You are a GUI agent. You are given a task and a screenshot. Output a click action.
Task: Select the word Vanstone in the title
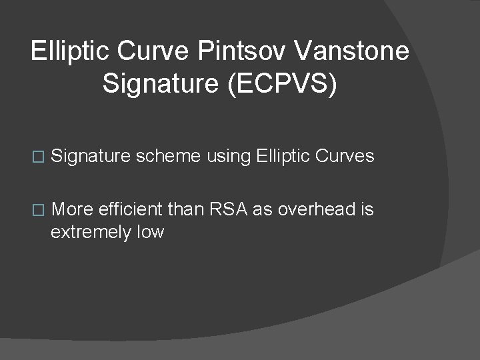click(347, 51)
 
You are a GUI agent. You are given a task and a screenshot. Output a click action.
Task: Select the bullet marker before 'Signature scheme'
click(37, 157)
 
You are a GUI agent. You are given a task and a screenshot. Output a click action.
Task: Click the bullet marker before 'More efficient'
click(37, 211)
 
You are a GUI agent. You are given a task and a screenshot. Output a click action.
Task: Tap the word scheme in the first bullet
click(168, 157)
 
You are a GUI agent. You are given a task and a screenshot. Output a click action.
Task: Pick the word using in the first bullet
click(229, 157)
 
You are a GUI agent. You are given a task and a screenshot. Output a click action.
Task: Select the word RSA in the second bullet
click(228, 210)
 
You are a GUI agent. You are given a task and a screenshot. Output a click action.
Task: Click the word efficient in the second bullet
click(129, 210)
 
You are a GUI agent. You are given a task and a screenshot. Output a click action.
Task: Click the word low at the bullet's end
click(149, 233)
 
